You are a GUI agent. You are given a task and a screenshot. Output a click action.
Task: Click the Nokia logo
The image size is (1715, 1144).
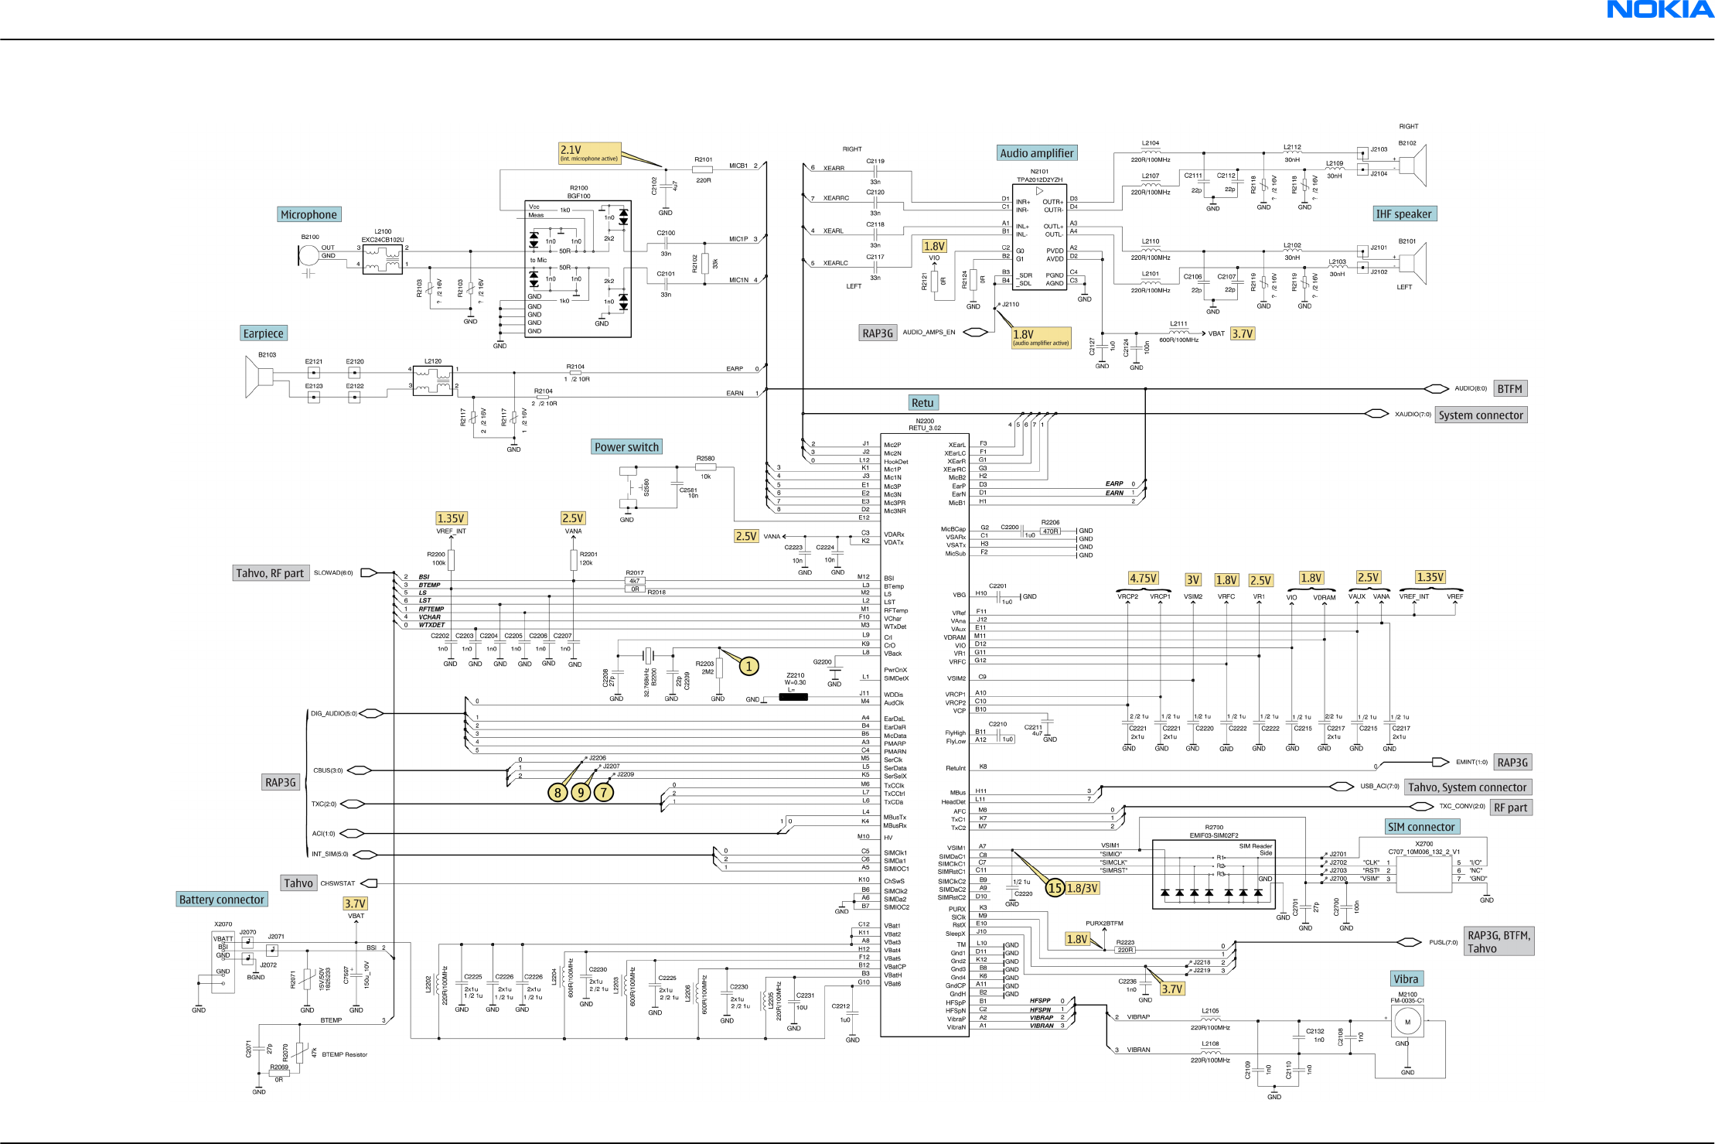[1659, 9]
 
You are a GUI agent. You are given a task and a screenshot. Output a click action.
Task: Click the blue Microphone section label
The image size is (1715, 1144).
[309, 214]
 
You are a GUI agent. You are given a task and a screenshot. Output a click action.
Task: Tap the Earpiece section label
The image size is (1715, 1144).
[263, 333]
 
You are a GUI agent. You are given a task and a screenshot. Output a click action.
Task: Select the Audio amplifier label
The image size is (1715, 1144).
[1036, 153]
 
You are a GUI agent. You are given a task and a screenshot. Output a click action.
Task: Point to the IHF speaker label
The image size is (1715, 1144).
[1403, 213]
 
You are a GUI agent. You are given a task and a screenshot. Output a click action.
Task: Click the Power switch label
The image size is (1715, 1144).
[626, 447]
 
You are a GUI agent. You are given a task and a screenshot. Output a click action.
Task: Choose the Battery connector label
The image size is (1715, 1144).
[221, 900]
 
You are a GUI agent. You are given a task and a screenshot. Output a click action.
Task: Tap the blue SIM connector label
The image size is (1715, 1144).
[1421, 827]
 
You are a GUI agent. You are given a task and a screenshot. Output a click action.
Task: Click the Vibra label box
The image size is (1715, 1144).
[1406, 979]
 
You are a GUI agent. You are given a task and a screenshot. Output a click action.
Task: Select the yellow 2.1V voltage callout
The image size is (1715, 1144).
[589, 152]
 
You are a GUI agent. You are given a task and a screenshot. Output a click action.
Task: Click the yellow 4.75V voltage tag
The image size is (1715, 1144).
[1143, 579]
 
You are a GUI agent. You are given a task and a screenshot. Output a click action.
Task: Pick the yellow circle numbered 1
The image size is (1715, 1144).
[748, 666]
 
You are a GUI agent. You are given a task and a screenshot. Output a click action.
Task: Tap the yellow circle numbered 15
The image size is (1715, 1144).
[1055, 888]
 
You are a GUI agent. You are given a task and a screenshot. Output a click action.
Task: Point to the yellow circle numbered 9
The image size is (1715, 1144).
[581, 792]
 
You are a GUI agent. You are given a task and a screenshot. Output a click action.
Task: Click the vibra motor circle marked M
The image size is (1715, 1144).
[1407, 1022]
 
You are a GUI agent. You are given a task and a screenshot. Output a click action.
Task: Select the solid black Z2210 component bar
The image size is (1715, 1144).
[793, 697]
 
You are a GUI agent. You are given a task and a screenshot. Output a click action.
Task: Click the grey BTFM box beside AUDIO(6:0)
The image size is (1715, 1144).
[1509, 389]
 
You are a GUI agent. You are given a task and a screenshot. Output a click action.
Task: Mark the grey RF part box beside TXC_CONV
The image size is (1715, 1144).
[1510, 808]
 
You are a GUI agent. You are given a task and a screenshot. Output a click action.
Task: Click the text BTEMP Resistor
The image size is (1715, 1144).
[345, 1054]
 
